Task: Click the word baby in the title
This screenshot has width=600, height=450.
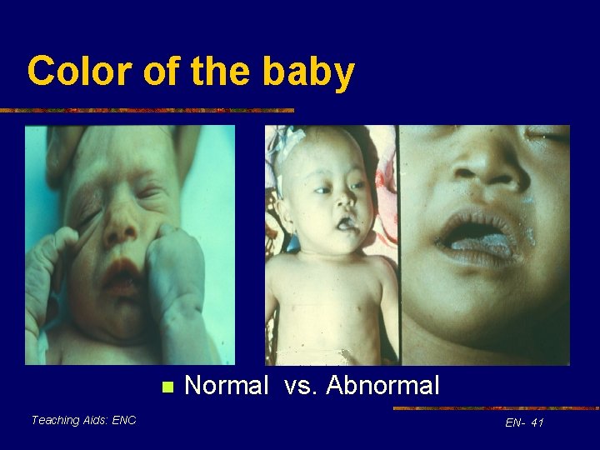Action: tap(308, 73)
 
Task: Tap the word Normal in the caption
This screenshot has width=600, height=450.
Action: tap(226, 386)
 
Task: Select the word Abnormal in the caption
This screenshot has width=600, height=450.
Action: tap(382, 386)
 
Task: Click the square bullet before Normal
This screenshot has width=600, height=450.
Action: tap(167, 387)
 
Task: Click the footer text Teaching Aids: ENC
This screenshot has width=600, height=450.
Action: tap(83, 420)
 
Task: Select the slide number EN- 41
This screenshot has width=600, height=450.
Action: tap(524, 423)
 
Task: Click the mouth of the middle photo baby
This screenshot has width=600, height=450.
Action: tap(343, 223)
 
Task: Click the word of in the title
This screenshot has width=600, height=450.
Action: tap(162, 72)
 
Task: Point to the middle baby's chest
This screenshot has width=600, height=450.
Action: tap(329, 292)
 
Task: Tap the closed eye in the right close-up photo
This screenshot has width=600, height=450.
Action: tap(546, 133)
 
